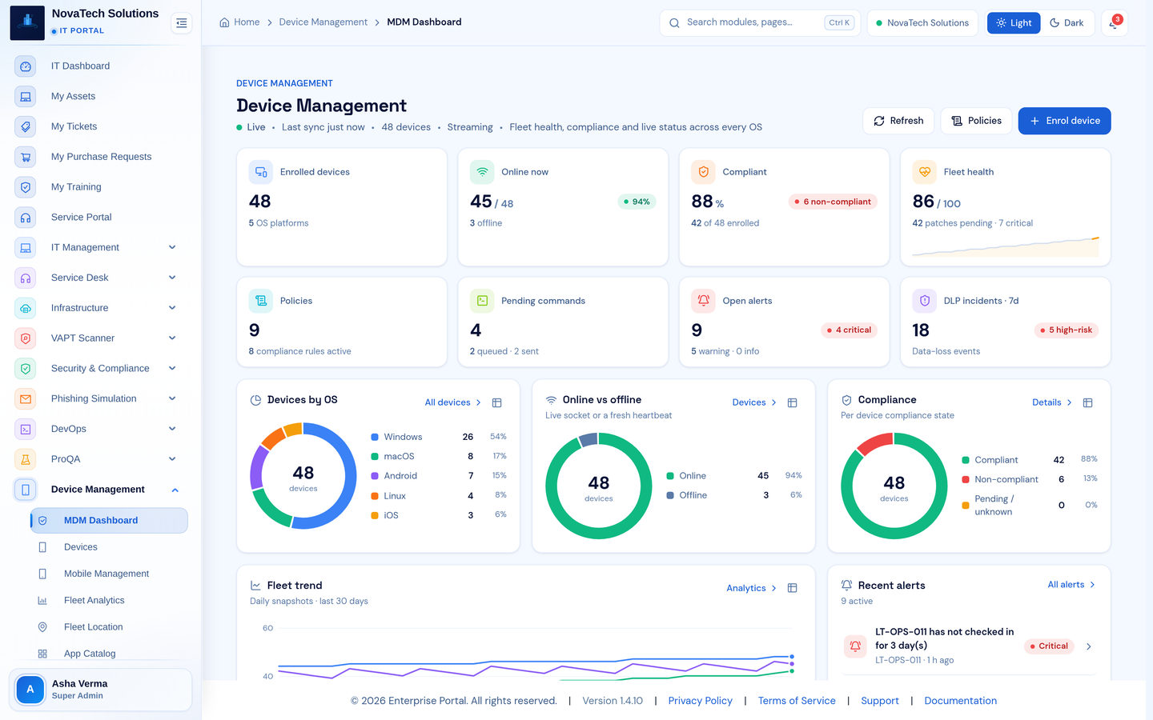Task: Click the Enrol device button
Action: coord(1064,121)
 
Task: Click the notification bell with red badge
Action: coord(1115,22)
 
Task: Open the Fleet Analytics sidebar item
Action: coord(94,600)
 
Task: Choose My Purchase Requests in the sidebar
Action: coord(101,156)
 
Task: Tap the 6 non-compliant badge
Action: coord(833,202)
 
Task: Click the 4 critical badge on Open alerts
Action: coord(849,330)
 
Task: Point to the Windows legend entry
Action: coord(397,437)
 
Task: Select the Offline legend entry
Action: coord(687,495)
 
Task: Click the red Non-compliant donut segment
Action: coord(874,443)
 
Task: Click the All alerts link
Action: coord(1071,585)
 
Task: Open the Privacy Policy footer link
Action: coord(700,701)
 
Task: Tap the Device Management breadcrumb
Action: coord(323,22)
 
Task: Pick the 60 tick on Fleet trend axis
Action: coord(267,628)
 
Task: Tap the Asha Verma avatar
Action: coord(30,689)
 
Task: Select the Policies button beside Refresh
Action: coord(976,121)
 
